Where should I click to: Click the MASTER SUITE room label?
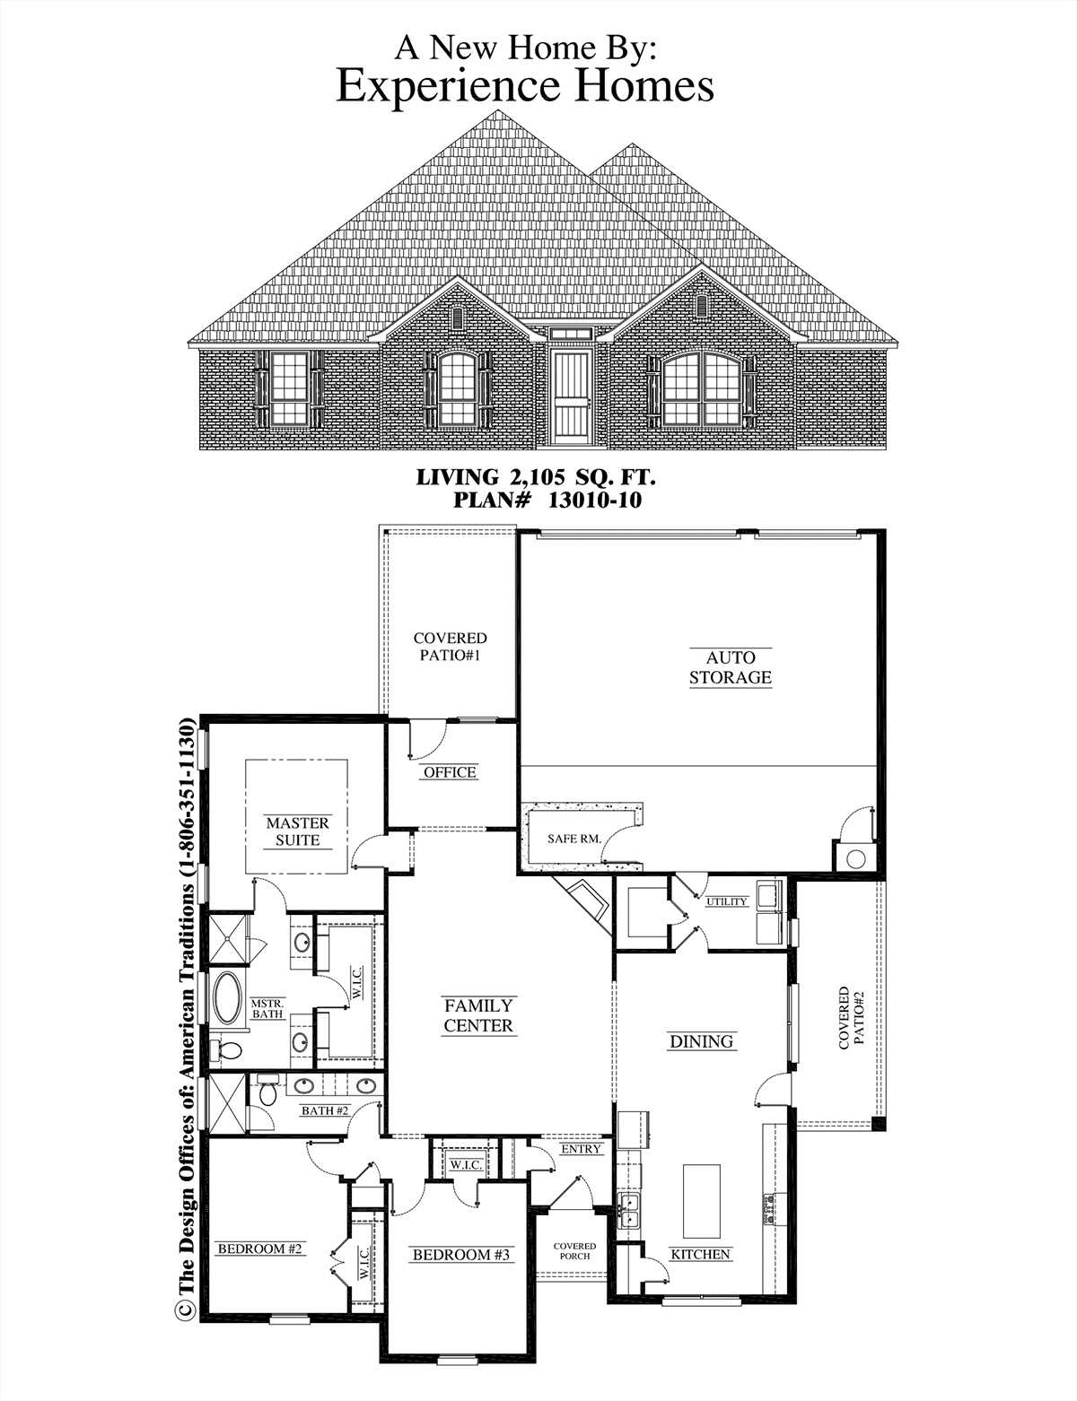tap(297, 831)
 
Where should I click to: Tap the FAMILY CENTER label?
tap(477, 1015)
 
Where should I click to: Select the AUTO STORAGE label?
tap(730, 667)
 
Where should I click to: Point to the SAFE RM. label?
tap(574, 839)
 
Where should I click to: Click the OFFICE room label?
tap(451, 771)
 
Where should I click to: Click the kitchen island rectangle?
tap(702, 1201)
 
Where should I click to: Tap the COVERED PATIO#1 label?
tap(451, 647)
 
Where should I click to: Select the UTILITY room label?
tap(726, 901)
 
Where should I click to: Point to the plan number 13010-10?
tap(595, 500)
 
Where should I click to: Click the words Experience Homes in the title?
tap(525, 85)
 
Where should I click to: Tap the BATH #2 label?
tap(325, 1110)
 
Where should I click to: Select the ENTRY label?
tap(581, 1148)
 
